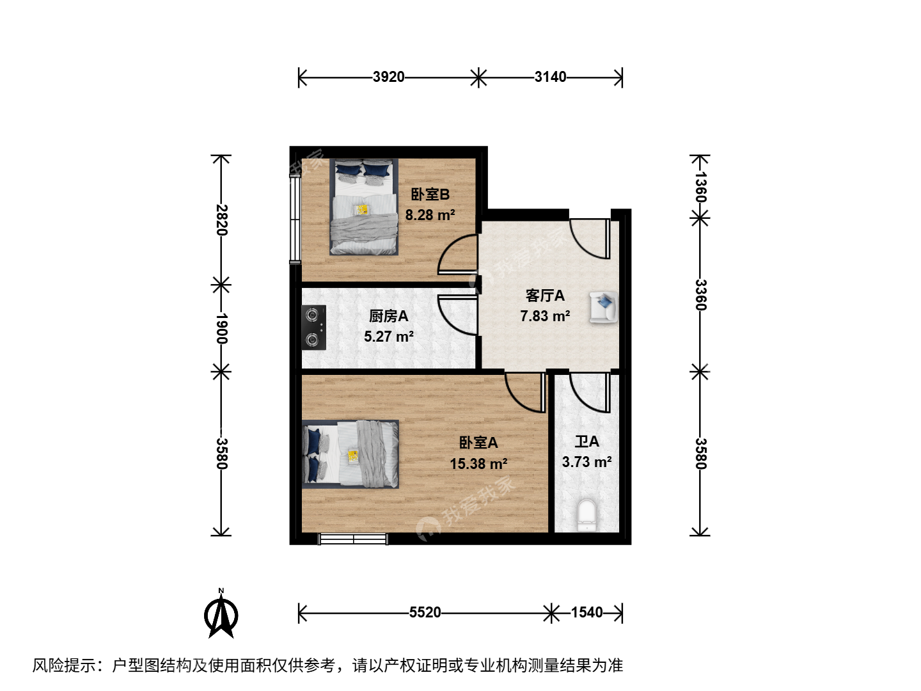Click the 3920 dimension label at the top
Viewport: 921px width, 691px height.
coord(388,77)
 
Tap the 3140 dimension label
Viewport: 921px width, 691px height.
coord(550,77)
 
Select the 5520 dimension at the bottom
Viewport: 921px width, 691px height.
coord(425,612)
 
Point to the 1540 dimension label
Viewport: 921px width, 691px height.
coord(586,612)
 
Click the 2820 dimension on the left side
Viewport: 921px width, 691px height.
coord(221,220)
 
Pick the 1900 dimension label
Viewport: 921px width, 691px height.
coord(221,328)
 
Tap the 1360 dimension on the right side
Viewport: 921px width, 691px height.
coord(700,187)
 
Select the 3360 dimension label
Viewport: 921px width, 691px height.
coord(700,294)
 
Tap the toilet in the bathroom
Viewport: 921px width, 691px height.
coord(586,515)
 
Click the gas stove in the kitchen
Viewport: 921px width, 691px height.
coord(314,328)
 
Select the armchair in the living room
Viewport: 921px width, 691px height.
coord(603,307)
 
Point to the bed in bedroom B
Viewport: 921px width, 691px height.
coord(364,207)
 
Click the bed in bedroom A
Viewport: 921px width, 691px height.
coord(350,454)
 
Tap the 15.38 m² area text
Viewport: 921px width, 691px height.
coord(478,464)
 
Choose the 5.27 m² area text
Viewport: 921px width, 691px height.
coord(388,337)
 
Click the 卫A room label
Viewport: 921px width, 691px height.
coord(586,441)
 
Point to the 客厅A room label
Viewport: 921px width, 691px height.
coord(545,296)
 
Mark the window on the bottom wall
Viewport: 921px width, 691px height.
coord(353,539)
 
